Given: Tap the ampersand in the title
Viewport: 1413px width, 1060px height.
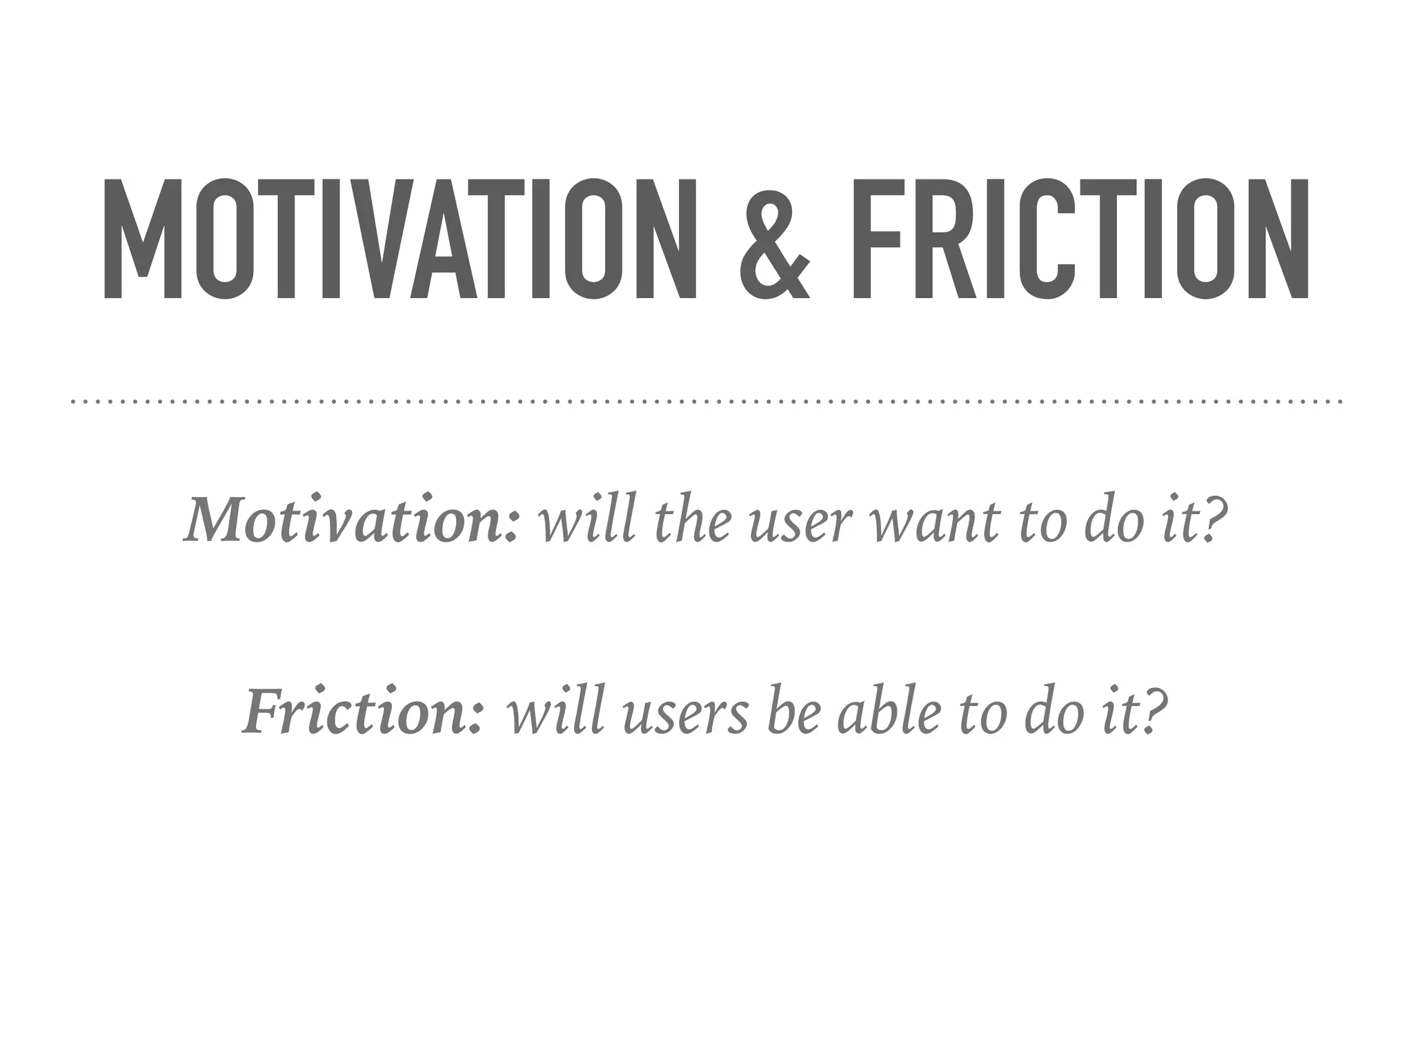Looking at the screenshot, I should (x=774, y=239).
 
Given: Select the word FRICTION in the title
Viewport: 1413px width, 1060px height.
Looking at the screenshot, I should (x=1080, y=239).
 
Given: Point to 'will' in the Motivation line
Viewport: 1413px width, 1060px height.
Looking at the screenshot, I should (x=586, y=519).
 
